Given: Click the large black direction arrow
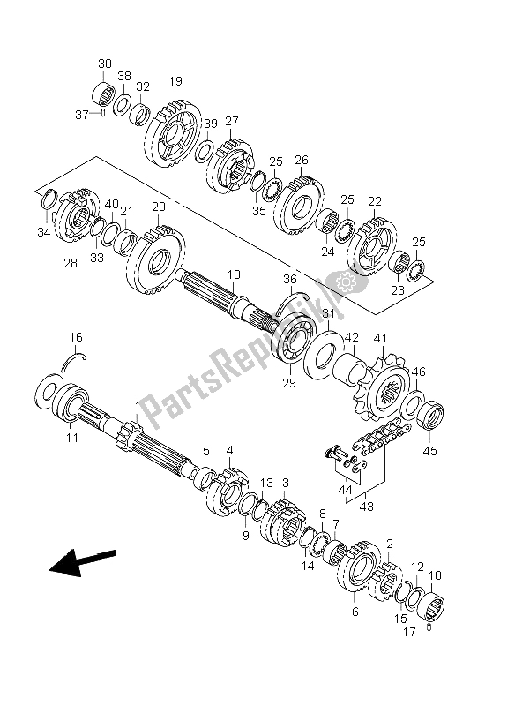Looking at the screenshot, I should (x=81, y=561).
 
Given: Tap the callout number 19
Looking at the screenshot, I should (x=175, y=81).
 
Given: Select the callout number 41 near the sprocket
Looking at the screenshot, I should (x=381, y=337).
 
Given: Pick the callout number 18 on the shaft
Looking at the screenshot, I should (x=234, y=276).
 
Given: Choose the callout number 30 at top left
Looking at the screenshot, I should (x=105, y=63).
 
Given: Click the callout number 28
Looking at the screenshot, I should (x=70, y=263).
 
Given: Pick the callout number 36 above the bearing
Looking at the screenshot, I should (x=289, y=280).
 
